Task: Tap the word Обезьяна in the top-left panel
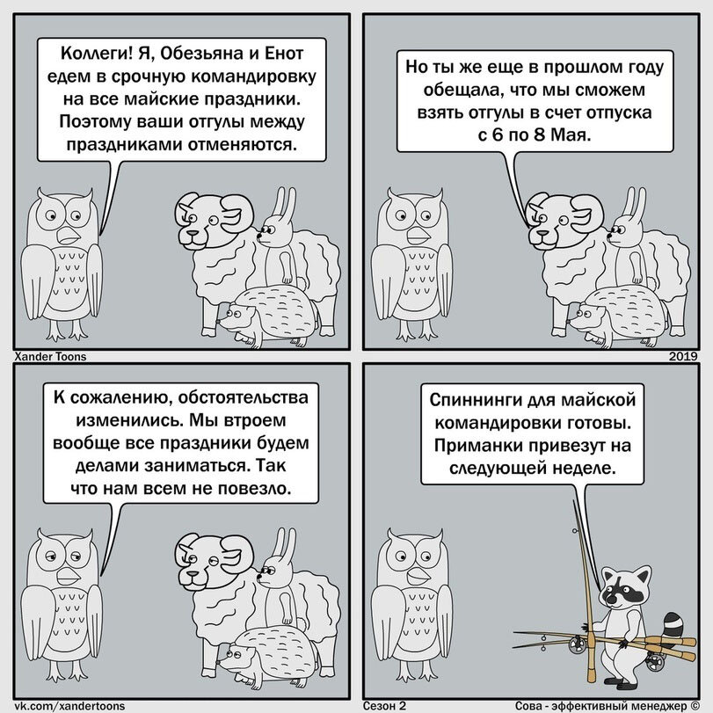pyautogui.click(x=200, y=55)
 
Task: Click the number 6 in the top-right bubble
pyautogui.click(x=498, y=135)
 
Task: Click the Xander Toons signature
pyautogui.click(x=50, y=357)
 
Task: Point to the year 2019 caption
pyautogui.click(x=683, y=357)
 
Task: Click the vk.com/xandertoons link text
pyautogui.click(x=69, y=706)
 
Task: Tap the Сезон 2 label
pyautogui.click(x=384, y=706)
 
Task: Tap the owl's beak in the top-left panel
pyautogui.click(x=69, y=236)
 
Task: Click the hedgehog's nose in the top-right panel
pyautogui.click(x=570, y=322)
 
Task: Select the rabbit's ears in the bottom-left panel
pyautogui.click(x=284, y=542)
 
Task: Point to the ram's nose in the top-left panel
pyautogui.click(x=193, y=233)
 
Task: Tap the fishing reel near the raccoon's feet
pyautogui.click(x=655, y=661)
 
